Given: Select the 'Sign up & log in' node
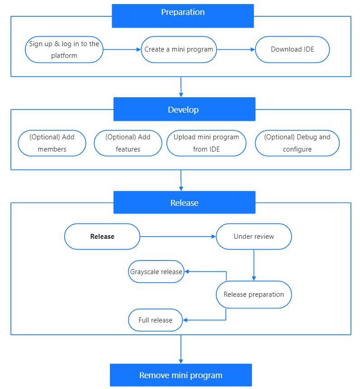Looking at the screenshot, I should tap(64, 50).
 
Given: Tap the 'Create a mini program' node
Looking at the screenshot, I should tap(179, 49).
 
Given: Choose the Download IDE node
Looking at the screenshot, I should tap(292, 49).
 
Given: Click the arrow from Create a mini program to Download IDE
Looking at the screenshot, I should tap(236, 50).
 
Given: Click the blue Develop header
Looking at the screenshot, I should tap(184, 109).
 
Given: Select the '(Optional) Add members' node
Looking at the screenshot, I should tap(52, 143).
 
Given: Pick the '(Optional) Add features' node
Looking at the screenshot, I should tap(128, 143).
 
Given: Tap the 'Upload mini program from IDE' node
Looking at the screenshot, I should tap(206, 143).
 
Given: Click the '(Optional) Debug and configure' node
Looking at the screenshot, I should tap(297, 143).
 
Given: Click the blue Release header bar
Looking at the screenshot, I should tap(184, 203).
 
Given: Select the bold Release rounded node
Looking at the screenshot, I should tap(102, 237).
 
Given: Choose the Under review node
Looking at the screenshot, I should tap(254, 237).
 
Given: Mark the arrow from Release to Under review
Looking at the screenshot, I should tap(178, 237).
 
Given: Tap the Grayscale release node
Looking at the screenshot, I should tap(156, 272).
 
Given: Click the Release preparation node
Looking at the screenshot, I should tap(254, 294).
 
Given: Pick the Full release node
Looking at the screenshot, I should tap(156, 320).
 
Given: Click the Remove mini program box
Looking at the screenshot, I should tap(181, 375).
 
